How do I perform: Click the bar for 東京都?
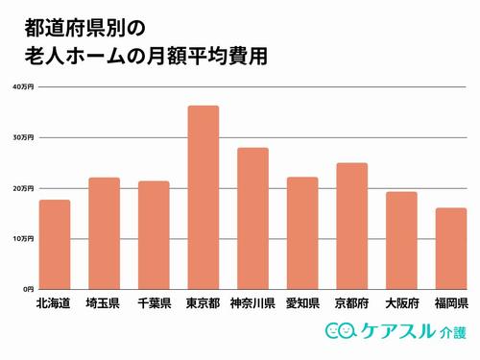[x=203, y=197]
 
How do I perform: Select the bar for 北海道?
[x=55, y=244]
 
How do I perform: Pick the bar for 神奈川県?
[x=252, y=218]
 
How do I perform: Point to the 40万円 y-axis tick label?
[x=23, y=87]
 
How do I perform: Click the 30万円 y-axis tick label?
[x=23, y=138]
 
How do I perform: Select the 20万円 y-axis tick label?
[x=23, y=188]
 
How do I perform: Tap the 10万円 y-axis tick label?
[x=23, y=238]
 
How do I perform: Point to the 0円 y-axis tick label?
[x=28, y=289]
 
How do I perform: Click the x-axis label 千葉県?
[x=154, y=304]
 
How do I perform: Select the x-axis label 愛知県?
[x=301, y=304]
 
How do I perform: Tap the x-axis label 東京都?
[x=203, y=304]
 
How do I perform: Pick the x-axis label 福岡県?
[x=450, y=304]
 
